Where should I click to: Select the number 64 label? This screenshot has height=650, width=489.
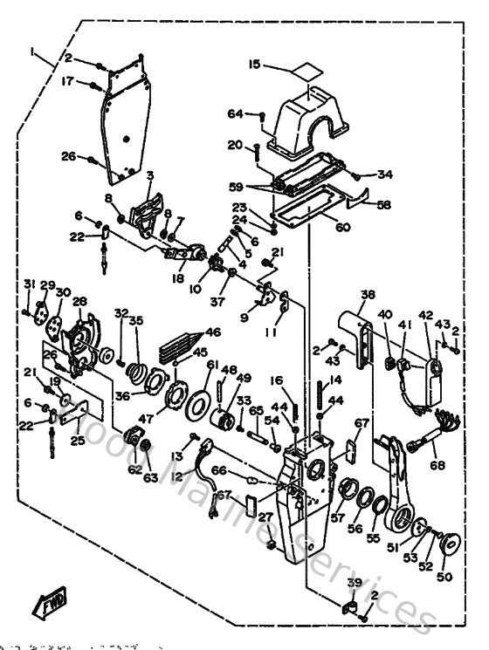(235, 113)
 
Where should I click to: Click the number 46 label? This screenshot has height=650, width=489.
(212, 332)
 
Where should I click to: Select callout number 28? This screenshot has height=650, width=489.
(79, 302)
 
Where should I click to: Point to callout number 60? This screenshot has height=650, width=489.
(342, 228)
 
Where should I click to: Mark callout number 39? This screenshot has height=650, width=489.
(353, 583)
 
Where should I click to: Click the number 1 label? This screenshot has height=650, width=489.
(32, 53)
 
